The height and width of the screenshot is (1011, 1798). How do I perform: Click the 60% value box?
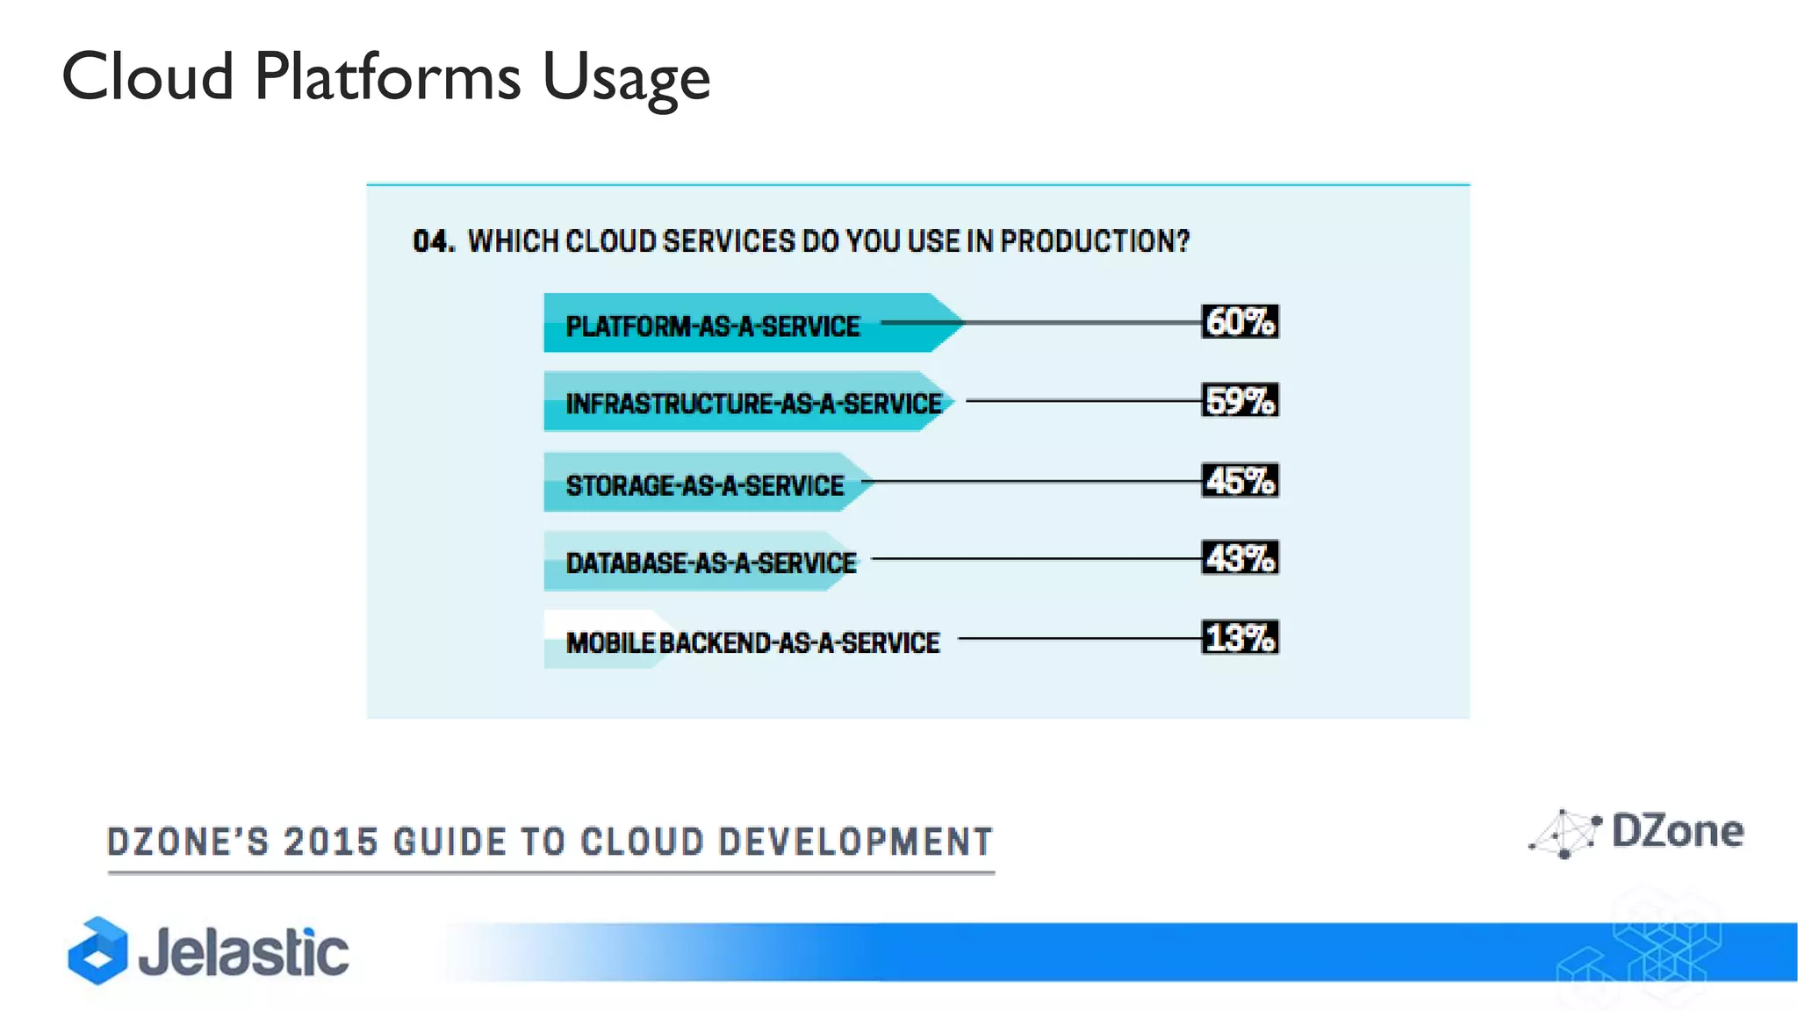coord(1240,322)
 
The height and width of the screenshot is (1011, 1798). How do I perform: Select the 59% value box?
coord(1240,401)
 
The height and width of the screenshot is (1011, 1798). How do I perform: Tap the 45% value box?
coord(1240,481)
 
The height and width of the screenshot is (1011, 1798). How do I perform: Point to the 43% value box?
coord(1240,558)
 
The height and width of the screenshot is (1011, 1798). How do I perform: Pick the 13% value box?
coord(1240,638)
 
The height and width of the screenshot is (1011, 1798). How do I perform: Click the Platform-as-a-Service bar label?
coord(712,326)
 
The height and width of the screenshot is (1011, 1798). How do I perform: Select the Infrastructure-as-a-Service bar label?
coord(753,404)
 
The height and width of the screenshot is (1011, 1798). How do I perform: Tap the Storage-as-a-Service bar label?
coord(704,485)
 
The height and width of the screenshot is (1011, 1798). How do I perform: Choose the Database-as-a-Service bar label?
coord(710,563)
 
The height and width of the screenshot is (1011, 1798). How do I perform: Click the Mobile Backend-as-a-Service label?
coord(752,642)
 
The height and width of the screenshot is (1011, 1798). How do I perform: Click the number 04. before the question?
coord(434,241)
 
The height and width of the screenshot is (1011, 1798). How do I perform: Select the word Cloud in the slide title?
coord(147,77)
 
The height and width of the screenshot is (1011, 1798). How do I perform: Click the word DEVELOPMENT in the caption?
coord(855,842)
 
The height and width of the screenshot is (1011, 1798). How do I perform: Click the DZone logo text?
coord(1677,831)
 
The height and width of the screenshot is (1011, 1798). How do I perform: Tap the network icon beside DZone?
coord(1564,835)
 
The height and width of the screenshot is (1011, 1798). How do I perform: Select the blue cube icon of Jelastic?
coord(97,951)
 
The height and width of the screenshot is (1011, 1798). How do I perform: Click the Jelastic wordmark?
coord(243,953)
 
